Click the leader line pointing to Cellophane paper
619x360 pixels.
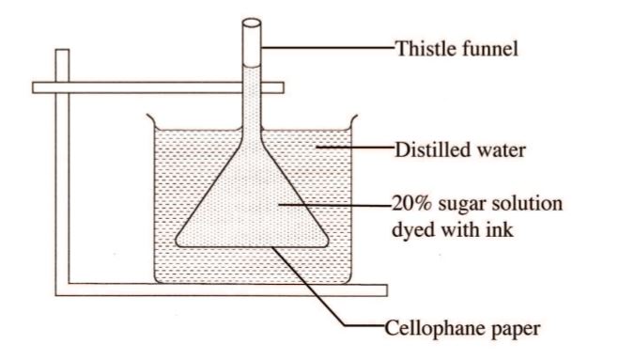(x=319, y=290)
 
